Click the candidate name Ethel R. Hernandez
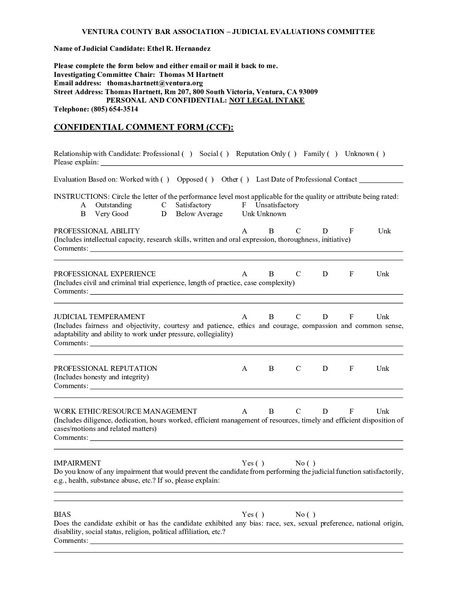179,49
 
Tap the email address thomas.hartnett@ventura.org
155,83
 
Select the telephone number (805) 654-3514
114,109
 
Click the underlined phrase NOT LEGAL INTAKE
267,100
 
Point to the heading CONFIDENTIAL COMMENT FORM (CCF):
144,127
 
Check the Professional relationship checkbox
187,154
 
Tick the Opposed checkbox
209,180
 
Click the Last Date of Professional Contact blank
381,180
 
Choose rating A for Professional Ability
244,231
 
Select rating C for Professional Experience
298,274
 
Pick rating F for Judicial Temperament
351,317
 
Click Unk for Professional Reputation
383,369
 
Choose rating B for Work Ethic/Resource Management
271,412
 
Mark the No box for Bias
311,515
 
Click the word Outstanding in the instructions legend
113,205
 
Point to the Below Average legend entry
199,214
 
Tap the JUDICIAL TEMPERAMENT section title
99,317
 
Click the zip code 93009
308,92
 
